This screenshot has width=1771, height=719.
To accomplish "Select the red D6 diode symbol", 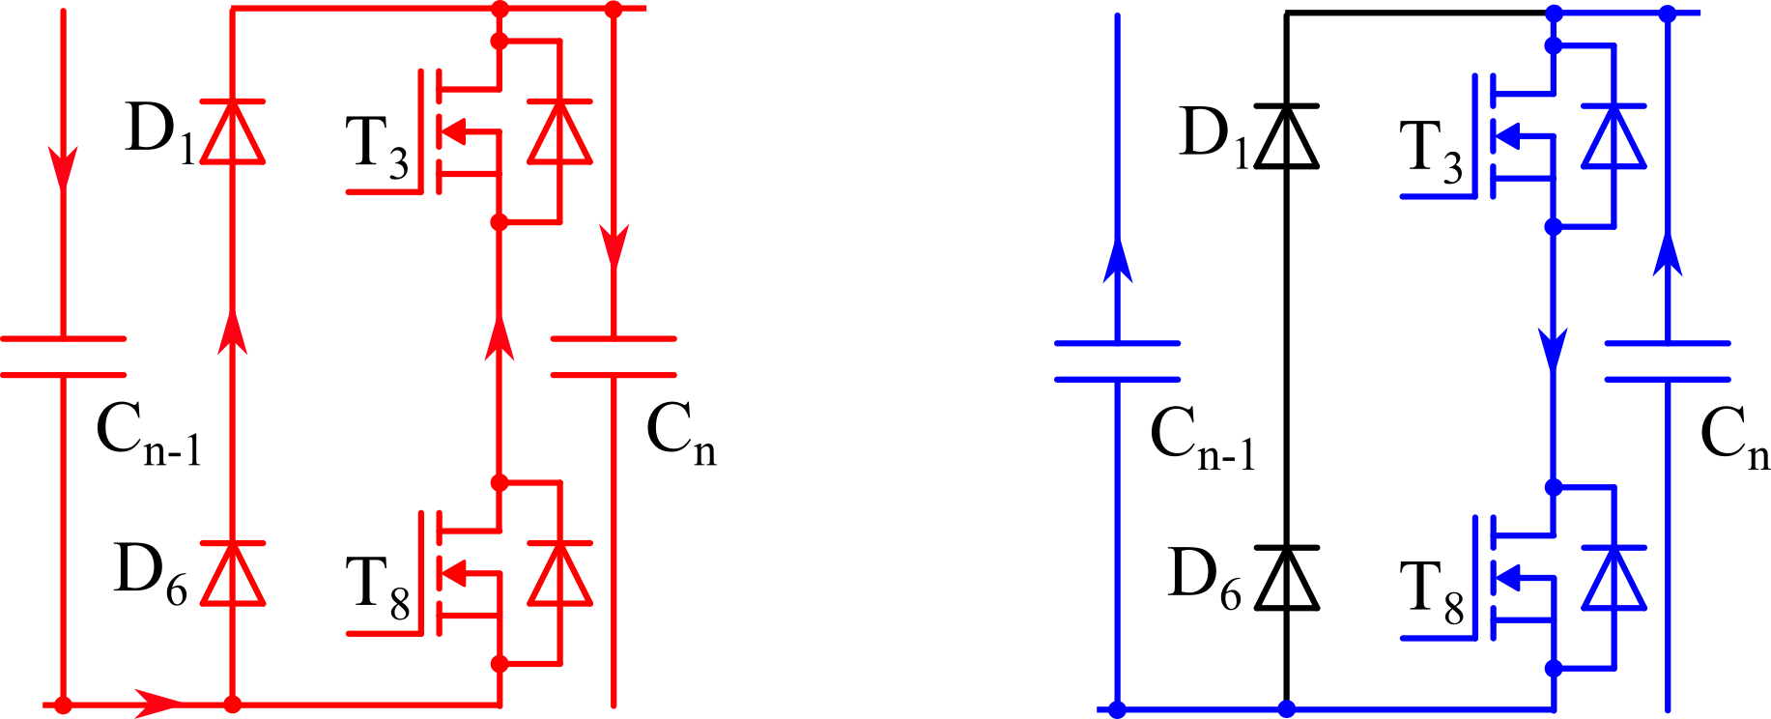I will [232, 573].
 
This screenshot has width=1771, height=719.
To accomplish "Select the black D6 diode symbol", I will [1286, 578].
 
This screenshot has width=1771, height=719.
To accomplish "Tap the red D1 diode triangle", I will [232, 131].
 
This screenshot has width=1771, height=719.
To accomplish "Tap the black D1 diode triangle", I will [1286, 136].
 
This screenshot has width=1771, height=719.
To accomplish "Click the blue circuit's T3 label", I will [1431, 153].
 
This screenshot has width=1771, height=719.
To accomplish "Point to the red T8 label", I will [377, 589].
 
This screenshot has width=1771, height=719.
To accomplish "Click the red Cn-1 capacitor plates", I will [63, 357].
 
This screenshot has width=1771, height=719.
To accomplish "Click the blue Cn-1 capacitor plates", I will [1117, 361].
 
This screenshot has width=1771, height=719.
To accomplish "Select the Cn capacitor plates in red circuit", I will [614, 357].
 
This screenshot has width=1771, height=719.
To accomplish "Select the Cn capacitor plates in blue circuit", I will [1668, 361].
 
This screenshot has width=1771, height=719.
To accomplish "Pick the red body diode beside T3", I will [559, 131].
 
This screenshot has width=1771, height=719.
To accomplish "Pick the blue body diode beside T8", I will [1614, 578].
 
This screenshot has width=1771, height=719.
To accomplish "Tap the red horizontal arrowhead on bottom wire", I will [155, 704].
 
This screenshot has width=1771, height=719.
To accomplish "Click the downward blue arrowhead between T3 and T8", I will [1553, 348].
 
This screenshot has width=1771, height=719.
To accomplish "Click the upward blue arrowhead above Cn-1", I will [1117, 261].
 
